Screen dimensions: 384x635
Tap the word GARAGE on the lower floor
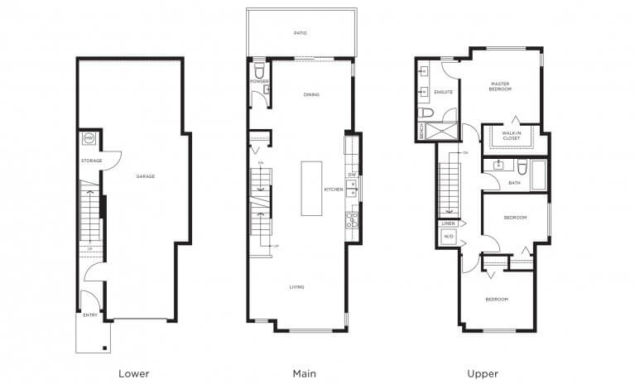tap(146, 176)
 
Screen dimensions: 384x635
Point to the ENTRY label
tap(89, 315)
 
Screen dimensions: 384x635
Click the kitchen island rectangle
tap(311, 187)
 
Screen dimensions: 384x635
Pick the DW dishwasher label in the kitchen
tap(352, 175)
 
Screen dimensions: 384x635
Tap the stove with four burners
tap(352, 220)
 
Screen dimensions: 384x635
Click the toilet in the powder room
tap(258, 67)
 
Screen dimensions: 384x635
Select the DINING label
tap(311, 94)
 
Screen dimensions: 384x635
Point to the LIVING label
tap(296, 287)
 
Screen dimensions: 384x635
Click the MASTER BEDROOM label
tap(500, 86)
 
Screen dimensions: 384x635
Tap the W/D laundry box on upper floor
tap(449, 237)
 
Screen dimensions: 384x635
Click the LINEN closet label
tap(449, 223)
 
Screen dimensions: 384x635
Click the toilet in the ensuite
tap(424, 112)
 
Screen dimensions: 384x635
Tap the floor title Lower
tap(134, 373)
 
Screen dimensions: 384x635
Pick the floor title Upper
tap(483, 373)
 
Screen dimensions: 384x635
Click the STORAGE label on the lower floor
tap(91, 160)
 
